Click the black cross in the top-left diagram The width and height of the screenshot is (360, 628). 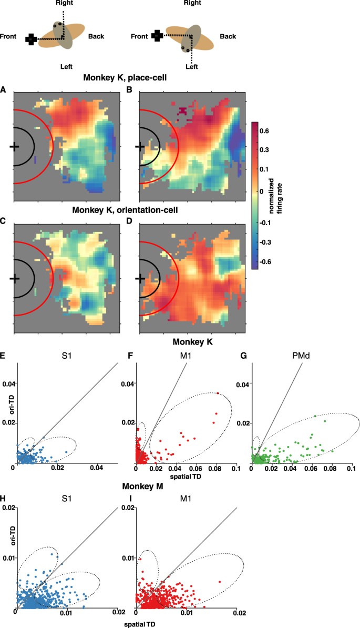(31, 38)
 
